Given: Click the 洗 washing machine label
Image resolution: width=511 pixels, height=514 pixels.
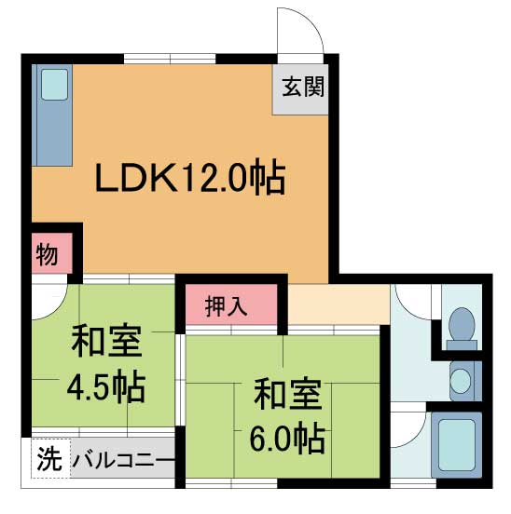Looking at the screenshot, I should coord(48,459).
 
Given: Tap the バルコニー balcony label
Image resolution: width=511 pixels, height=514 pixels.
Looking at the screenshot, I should coord(123,460).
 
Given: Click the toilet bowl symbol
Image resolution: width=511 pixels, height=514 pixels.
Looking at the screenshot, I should coord(461,325).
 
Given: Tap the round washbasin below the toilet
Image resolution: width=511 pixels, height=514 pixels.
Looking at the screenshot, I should coord(461,381).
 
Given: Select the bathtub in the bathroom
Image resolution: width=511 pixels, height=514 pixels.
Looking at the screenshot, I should coord(457,446).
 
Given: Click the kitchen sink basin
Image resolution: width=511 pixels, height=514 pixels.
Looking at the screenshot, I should coord(54,85).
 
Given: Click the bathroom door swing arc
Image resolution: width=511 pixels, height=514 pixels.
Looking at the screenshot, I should coord(410,430).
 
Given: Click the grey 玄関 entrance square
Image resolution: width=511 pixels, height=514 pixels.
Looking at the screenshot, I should coord(300,89).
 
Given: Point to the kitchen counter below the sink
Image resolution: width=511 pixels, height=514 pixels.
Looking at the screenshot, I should coord(52,140).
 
